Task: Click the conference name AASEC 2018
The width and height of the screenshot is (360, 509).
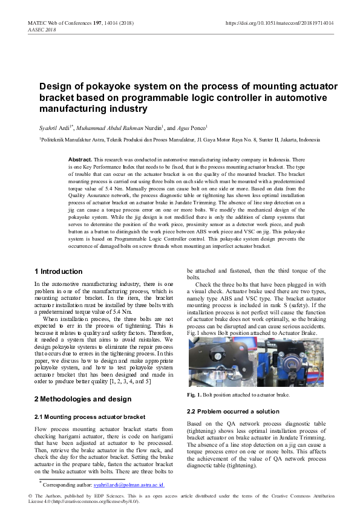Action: (x=42, y=30)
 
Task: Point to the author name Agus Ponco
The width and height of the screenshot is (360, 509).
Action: (x=191, y=128)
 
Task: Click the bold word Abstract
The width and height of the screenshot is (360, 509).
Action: (x=80, y=158)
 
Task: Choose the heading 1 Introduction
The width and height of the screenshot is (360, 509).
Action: (x=58, y=271)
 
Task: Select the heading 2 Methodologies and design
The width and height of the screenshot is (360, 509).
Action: (x=82, y=399)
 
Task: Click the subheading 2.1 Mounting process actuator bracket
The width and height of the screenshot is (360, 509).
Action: (x=90, y=417)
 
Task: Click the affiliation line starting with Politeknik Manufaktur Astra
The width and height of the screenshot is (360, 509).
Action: (x=179, y=140)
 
